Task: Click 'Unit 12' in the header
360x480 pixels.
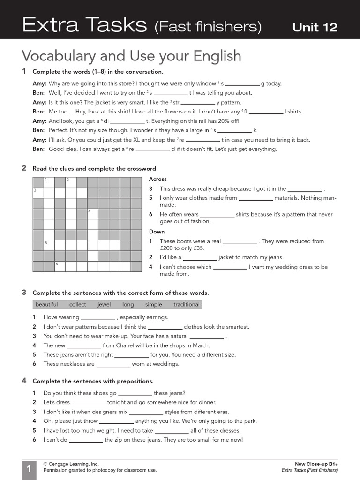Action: (x=315, y=27)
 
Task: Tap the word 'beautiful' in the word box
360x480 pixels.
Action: (x=46, y=305)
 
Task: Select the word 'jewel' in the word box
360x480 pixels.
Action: (x=104, y=305)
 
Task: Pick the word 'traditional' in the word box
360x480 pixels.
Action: (x=186, y=305)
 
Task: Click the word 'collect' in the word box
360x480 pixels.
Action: (x=77, y=305)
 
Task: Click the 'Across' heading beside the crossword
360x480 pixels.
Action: (x=157, y=179)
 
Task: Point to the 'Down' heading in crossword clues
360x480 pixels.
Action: (x=157, y=232)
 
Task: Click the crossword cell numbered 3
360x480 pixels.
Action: (x=38, y=193)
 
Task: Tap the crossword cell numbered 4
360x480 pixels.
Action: (x=92, y=214)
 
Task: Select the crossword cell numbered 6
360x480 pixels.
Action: (x=60, y=266)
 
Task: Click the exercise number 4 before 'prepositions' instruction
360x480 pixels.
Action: (x=24, y=381)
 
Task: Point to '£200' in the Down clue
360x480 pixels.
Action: (x=167, y=248)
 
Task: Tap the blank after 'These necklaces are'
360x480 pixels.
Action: (x=113, y=364)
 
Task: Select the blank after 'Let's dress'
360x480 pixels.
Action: (x=88, y=403)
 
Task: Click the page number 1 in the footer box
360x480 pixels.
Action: (x=28, y=469)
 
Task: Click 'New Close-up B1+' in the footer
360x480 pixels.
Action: (x=316, y=464)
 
